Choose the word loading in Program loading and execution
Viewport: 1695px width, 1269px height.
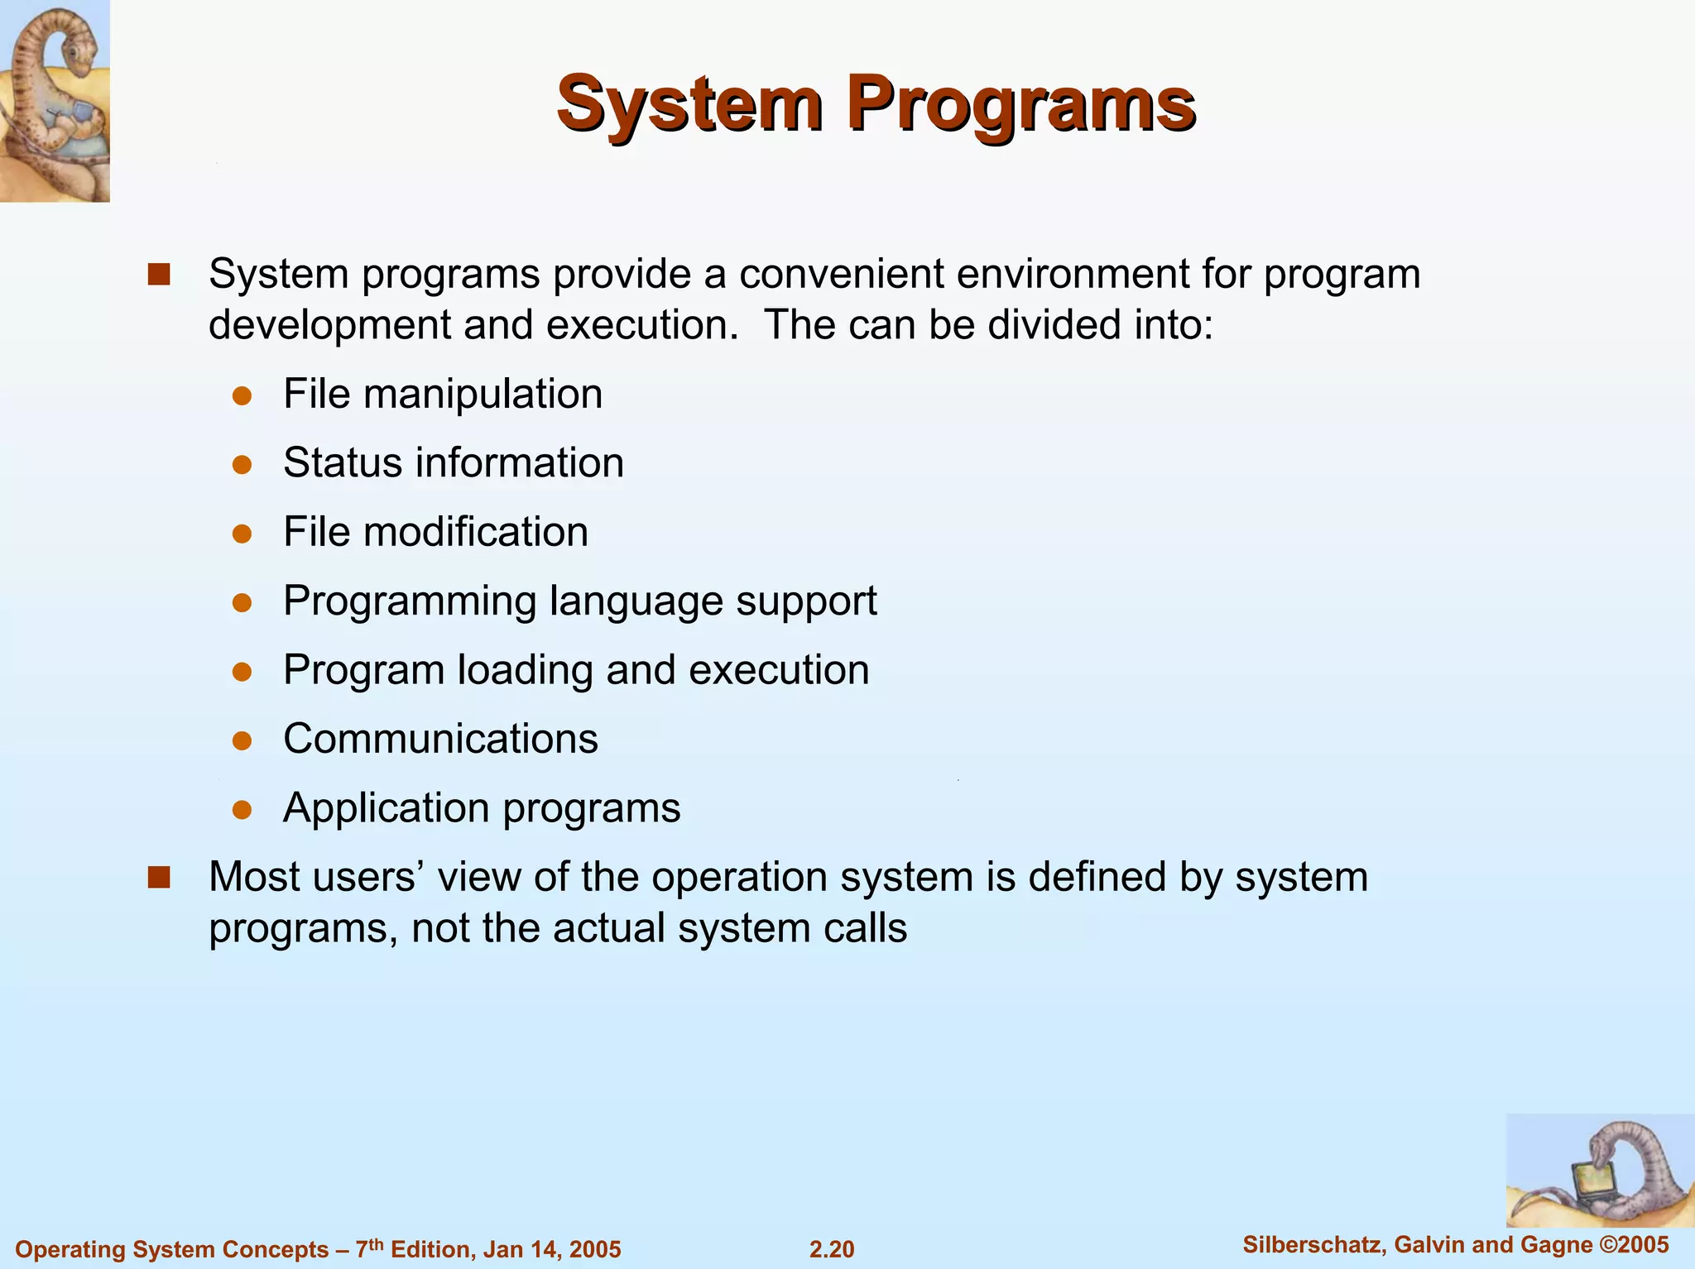click(x=525, y=670)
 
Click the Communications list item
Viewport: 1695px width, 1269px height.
click(x=440, y=739)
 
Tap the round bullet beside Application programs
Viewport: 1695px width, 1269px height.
click(x=242, y=809)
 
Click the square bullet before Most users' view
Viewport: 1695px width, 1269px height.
click(x=159, y=878)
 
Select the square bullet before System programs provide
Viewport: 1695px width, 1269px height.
click(x=159, y=275)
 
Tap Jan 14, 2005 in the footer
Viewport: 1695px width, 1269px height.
click(x=551, y=1249)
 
